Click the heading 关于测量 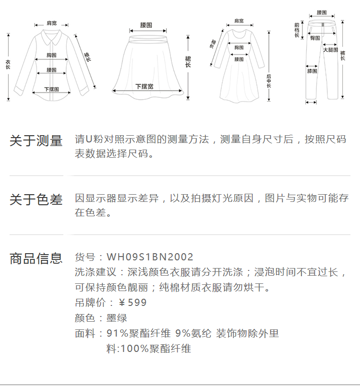pos(36,141)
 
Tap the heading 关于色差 pos(36,199)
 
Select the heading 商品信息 pos(36,258)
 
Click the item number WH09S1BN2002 pos(150,257)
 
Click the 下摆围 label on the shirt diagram pos(51,89)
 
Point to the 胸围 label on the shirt pos(52,55)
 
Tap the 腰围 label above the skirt pos(146,25)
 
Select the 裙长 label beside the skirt pos(188,61)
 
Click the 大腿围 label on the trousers pos(331,50)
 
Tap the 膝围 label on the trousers pos(312,71)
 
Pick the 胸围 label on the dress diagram pos(239,47)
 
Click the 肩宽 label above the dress pos(239,21)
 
